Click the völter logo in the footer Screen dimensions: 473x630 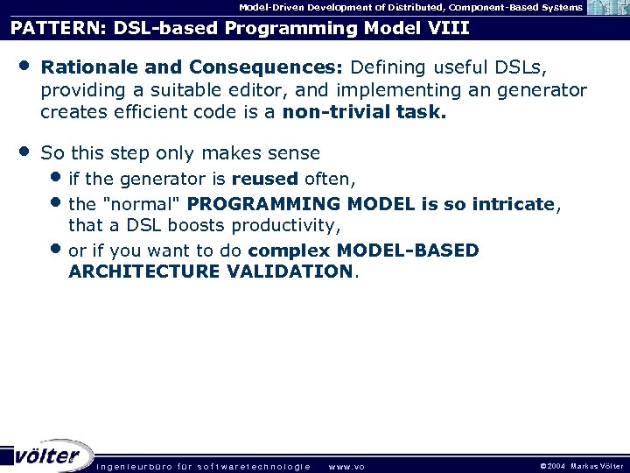[47, 455]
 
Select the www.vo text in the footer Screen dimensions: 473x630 [346, 467]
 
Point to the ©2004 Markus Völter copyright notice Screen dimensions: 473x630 [581, 466]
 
